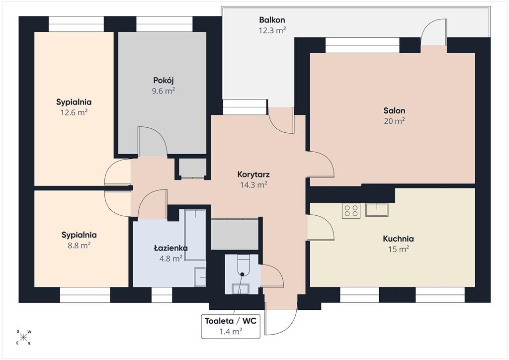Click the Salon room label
[394, 110]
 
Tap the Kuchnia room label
[398, 239]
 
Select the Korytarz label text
[254, 175]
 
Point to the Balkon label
[272, 20]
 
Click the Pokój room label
[164, 80]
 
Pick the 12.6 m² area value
[74, 112]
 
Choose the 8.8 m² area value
[79, 245]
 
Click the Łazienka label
[171, 248]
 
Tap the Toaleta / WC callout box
[231, 326]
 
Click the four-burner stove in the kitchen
[351, 210]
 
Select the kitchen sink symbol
[377, 210]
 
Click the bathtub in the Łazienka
[195, 235]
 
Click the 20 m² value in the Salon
[394, 121]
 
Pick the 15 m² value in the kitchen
[398, 249]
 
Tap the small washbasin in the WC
[241, 288]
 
